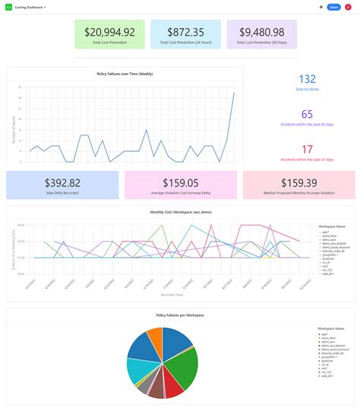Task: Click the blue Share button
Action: [x=333, y=7]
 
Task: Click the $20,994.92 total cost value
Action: [x=109, y=32]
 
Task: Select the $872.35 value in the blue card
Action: [x=185, y=32]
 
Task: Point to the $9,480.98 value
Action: [x=261, y=32]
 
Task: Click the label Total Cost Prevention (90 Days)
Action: [x=261, y=43]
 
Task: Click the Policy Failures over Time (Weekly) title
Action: [x=125, y=74]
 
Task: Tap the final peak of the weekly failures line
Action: [x=234, y=93]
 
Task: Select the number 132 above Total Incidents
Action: [x=307, y=79]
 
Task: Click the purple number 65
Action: [x=307, y=114]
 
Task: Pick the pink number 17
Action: [x=307, y=150]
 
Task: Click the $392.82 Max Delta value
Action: [x=62, y=182]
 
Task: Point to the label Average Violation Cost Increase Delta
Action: [x=181, y=193]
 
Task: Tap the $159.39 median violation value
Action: [x=298, y=182]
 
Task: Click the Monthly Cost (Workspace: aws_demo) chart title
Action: [x=180, y=212]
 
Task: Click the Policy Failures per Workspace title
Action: [x=180, y=315]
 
